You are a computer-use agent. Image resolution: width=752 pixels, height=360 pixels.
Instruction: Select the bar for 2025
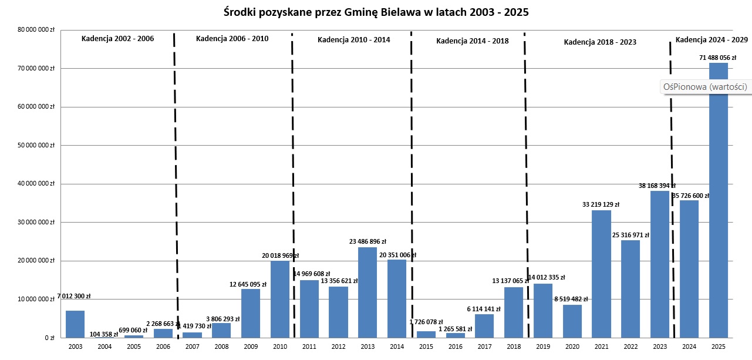click(x=718, y=200)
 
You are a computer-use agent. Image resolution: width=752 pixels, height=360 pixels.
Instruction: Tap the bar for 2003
click(x=75, y=324)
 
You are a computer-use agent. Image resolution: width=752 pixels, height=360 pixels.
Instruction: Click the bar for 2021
click(x=601, y=274)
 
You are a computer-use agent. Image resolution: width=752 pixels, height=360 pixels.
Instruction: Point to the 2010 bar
click(x=279, y=299)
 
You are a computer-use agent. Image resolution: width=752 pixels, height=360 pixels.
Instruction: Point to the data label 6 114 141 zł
click(x=484, y=309)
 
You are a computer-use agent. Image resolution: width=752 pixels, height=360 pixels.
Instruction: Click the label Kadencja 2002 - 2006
click(x=117, y=39)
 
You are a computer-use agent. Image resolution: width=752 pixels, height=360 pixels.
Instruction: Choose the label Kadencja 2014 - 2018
click(x=473, y=41)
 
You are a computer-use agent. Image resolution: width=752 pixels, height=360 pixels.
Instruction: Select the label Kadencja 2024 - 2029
click(x=711, y=40)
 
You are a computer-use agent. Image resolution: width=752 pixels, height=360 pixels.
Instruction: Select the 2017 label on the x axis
click(x=484, y=347)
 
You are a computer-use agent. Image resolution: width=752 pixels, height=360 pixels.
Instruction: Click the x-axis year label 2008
click(x=221, y=347)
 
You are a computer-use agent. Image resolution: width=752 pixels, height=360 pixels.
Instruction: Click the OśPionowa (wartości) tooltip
click(x=704, y=87)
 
